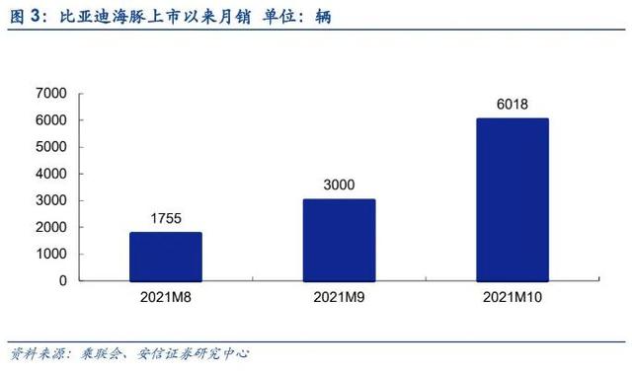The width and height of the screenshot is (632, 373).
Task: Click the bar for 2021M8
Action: pyautogui.click(x=166, y=257)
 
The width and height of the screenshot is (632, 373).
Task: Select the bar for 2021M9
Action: pyautogui.click(x=339, y=240)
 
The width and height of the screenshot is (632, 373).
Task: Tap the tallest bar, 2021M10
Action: pyautogui.click(x=512, y=199)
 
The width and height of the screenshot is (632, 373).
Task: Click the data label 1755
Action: pyautogui.click(x=166, y=218)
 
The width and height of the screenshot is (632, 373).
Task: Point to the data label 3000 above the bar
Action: pyautogui.click(x=339, y=185)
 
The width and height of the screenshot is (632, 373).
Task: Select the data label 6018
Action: pyautogui.click(x=512, y=104)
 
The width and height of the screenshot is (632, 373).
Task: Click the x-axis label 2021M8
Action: pyautogui.click(x=166, y=296)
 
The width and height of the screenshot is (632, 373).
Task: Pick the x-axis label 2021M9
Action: pyautogui.click(x=339, y=296)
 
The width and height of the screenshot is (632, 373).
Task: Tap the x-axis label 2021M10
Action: pyautogui.click(x=512, y=296)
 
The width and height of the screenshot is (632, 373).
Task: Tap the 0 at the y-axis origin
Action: pyautogui.click(x=61, y=280)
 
